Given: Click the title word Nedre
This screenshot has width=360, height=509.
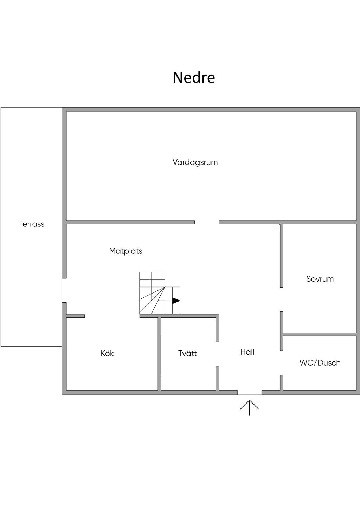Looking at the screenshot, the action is (x=194, y=77).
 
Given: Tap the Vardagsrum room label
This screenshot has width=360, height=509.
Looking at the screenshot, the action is (x=195, y=162).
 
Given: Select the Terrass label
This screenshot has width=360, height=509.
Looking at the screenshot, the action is (x=32, y=224).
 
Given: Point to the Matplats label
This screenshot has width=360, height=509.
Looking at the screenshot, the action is (x=126, y=251).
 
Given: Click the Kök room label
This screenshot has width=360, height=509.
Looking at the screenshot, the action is (x=107, y=353).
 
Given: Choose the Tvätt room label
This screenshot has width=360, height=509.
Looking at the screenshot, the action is (x=187, y=353).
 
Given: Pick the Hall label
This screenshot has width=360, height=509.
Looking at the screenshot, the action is (x=247, y=352).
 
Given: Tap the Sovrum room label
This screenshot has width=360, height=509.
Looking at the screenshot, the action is (x=320, y=279).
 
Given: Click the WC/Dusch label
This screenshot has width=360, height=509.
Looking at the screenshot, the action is (x=320, y=363).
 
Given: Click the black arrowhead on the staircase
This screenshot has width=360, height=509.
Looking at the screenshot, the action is (x=176, y=301).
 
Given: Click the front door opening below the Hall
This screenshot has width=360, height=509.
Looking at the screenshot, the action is (x=250, y=392).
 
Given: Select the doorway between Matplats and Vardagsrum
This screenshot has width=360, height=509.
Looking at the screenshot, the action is (x=207, y=222).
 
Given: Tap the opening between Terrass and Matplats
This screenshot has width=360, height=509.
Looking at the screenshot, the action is (x=64, y=290).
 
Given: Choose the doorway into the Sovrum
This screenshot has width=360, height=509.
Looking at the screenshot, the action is (x=282, y=299).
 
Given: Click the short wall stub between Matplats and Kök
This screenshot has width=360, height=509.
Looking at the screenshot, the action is (x=76, y=316).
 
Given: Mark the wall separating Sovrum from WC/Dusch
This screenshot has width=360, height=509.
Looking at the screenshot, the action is (x=320, y=334).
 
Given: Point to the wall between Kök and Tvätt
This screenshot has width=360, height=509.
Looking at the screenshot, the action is (x=160, y=354).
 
